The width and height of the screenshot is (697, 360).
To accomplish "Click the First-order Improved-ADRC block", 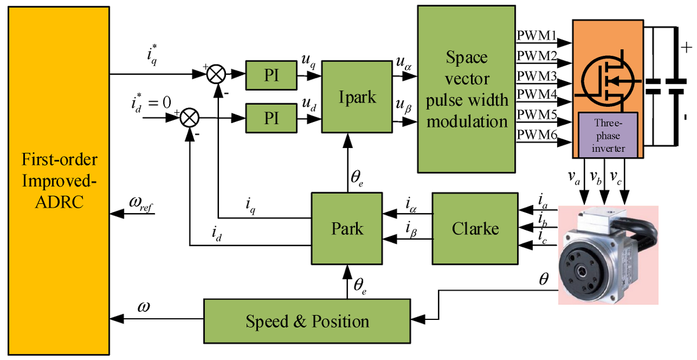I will [x=58, y=180].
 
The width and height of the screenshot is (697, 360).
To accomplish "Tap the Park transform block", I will [x=347, y=228].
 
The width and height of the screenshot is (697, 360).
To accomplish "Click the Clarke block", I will [x=475, y=228].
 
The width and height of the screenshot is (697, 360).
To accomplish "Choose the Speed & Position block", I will [x=307, y=321].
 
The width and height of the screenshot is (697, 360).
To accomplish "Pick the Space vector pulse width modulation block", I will [x=466, y=89].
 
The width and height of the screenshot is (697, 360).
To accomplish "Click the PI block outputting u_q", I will [x=271, y=74].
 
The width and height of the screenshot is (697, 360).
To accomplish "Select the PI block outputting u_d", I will [x=271, y=118].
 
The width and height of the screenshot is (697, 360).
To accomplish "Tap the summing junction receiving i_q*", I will [x=217, y=74].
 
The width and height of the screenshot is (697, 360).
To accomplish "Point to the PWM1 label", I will [x=537, y=36].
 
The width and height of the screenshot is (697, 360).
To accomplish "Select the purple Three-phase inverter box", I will [x=608, y=135].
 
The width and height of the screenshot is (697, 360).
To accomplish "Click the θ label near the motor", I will [x=544, y=279].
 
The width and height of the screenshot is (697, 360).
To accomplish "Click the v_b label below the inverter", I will [x=596, y=177].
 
